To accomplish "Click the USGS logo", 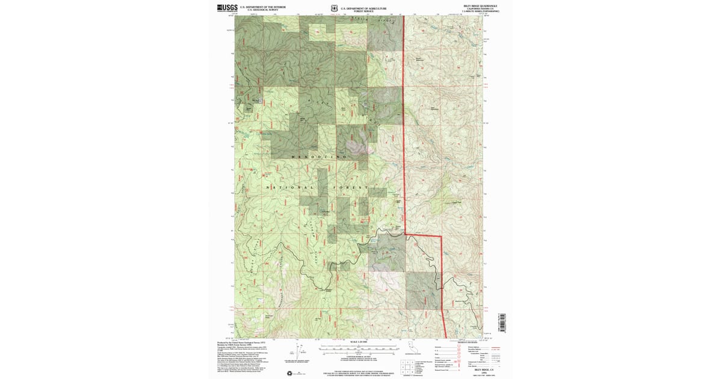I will (x=226, y=8).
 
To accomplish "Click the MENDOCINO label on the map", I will (x=318, y=157).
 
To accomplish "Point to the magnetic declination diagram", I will (x=299, y=348).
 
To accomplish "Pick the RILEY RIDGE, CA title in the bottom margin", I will (x=480, y=369).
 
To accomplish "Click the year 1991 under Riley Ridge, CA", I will (x=480, y=373).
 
